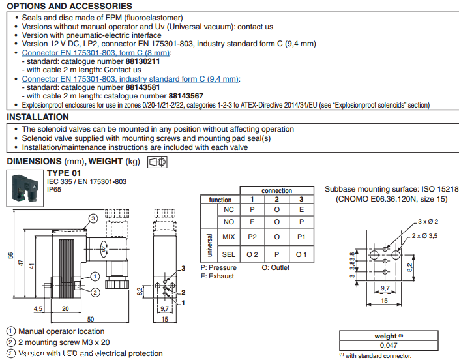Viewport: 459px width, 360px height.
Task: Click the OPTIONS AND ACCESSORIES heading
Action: point(69,6)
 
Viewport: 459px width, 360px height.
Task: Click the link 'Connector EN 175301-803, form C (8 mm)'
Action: point(96,52)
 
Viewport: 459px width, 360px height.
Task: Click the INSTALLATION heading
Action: point(38,117)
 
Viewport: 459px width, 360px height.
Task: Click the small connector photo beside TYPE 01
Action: point(25,187)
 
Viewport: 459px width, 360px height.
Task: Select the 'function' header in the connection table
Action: point(220,200)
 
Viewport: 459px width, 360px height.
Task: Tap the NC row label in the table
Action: point(228,209)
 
